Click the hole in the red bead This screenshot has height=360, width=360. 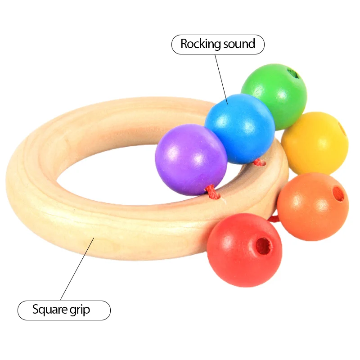coord(264,246)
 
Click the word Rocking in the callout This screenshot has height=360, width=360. coord(201,44)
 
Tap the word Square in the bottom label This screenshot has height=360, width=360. coord(49,310)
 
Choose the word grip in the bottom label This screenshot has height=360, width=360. coord(80,310)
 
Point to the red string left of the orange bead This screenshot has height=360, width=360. coord(273,219)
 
